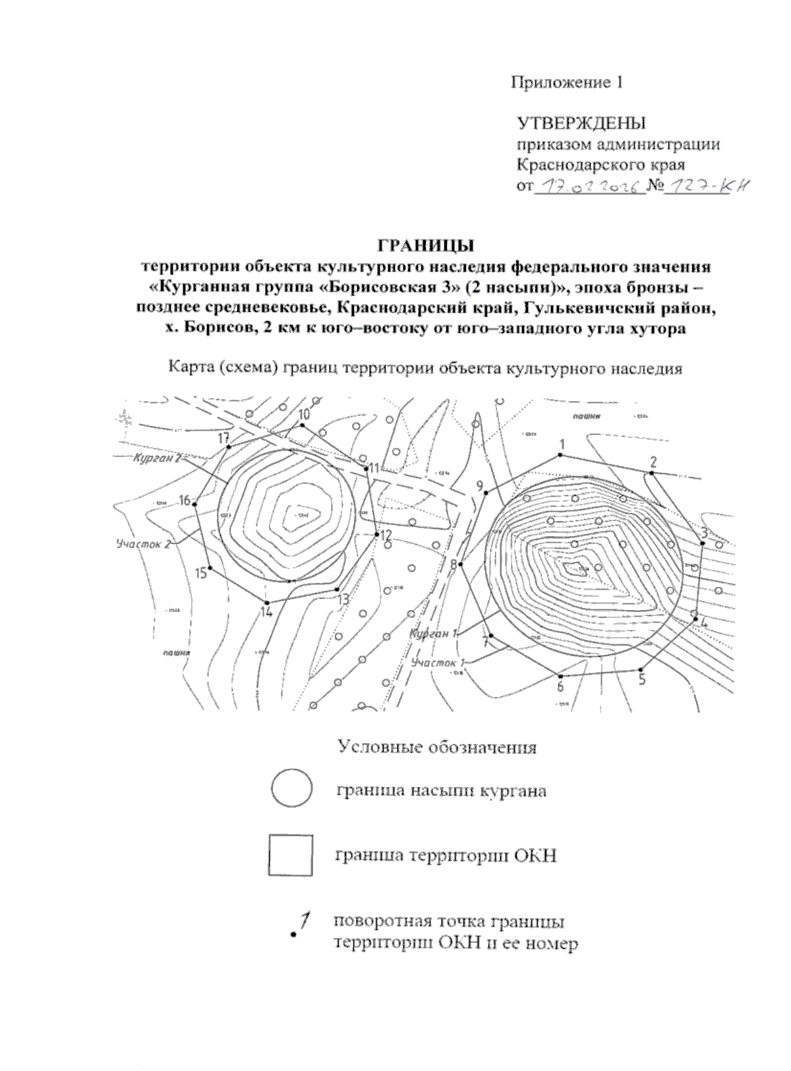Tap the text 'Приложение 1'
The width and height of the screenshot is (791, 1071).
568,82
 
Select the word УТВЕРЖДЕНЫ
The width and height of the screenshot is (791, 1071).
581,123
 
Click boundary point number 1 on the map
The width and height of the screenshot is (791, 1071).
562,445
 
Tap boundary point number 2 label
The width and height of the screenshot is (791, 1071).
654,461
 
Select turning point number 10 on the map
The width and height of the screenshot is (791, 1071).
304,414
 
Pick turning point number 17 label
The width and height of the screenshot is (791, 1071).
223,438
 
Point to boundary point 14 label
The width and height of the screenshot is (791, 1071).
266,611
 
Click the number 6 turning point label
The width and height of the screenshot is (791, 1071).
560,687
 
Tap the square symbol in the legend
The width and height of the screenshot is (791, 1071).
291,855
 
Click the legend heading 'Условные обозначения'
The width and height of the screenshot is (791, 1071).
437,748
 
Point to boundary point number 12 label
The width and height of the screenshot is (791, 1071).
386,534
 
